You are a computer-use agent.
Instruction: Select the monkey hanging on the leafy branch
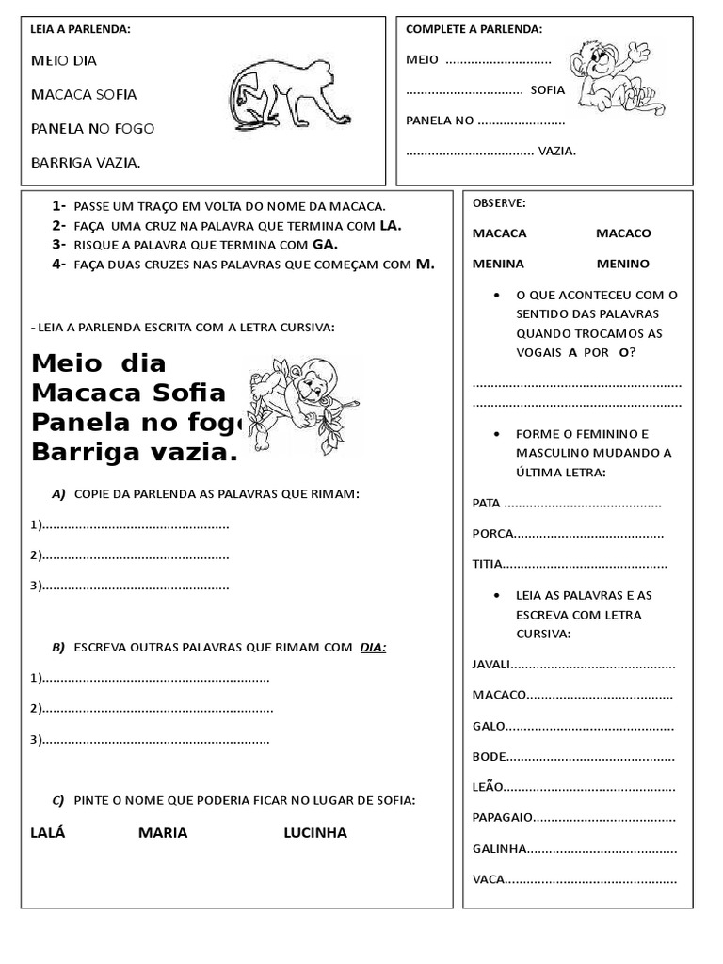click(x=302, y=400)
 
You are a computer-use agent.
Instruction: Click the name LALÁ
click(x=48, y=833)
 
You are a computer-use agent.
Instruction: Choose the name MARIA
click(x=163, y=833)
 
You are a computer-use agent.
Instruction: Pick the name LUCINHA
click(x=315, y=833)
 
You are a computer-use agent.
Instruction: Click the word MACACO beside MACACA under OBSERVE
click(x=623, y=233)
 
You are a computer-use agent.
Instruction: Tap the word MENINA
click(x=498, y=264)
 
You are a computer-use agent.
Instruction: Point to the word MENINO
click(x=622, y=264)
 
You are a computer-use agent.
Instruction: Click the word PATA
click(x=487, y=504)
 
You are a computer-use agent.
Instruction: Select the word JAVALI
click(x=490, y=665)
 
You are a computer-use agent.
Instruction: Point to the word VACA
click(x=488, y=880)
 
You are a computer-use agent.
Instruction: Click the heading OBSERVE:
click(x=499, y=203)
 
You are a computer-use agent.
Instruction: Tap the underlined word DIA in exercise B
click(x=374, y=648)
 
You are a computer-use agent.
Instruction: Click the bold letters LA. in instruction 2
click(x=391, y=225)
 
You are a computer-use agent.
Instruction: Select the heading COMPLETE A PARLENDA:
click(x=474, y=30)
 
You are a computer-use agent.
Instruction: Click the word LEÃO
click(x=487, y=787)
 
